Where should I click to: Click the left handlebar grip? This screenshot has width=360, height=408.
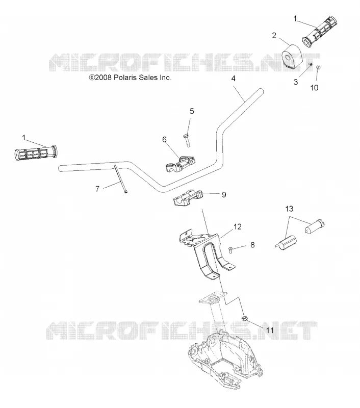[x=36, y=152]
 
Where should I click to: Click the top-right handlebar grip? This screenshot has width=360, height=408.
[x=319, y=32]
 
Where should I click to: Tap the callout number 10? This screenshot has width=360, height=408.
[x=314, y=88]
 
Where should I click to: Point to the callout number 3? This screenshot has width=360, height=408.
[x=295, y=82]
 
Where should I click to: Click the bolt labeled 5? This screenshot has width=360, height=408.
[x=187, y=140]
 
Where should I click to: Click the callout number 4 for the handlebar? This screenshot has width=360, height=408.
[x=234, y=79]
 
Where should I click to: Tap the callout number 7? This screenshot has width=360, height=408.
[x=97, y=189]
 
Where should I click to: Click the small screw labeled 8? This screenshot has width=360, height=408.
[x=230, y=249]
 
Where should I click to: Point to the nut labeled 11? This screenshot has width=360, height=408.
[x=244, y=318]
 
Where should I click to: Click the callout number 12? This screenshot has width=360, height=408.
[x=237, y=226]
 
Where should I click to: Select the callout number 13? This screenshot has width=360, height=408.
[x=289, y=209]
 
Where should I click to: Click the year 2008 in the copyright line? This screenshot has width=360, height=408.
[x=104, y=78]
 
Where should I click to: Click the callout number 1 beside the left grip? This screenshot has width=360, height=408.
[x=24, y=137]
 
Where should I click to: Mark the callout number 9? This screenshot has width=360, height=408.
[x=224, y=195]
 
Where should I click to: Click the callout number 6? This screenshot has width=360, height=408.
[x=164, y=139]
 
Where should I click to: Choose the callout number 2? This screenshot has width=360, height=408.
[x=274, y=35]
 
